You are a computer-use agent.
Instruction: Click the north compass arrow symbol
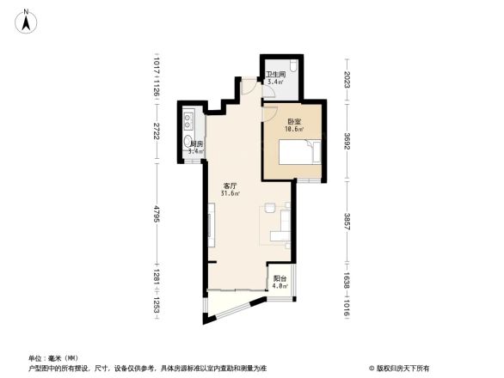point(27,20)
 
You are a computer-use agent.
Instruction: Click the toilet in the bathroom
point(292,68)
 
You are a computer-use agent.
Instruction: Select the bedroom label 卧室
point(295,121)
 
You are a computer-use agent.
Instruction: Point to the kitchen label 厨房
point(195,143)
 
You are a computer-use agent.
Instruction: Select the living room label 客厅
point(230,185)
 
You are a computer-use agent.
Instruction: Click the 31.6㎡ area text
point(230,193)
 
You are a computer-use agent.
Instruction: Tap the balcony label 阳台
point(280,279)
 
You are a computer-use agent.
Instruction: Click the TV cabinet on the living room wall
point(210,225)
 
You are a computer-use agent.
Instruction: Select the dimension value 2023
point(347,82)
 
